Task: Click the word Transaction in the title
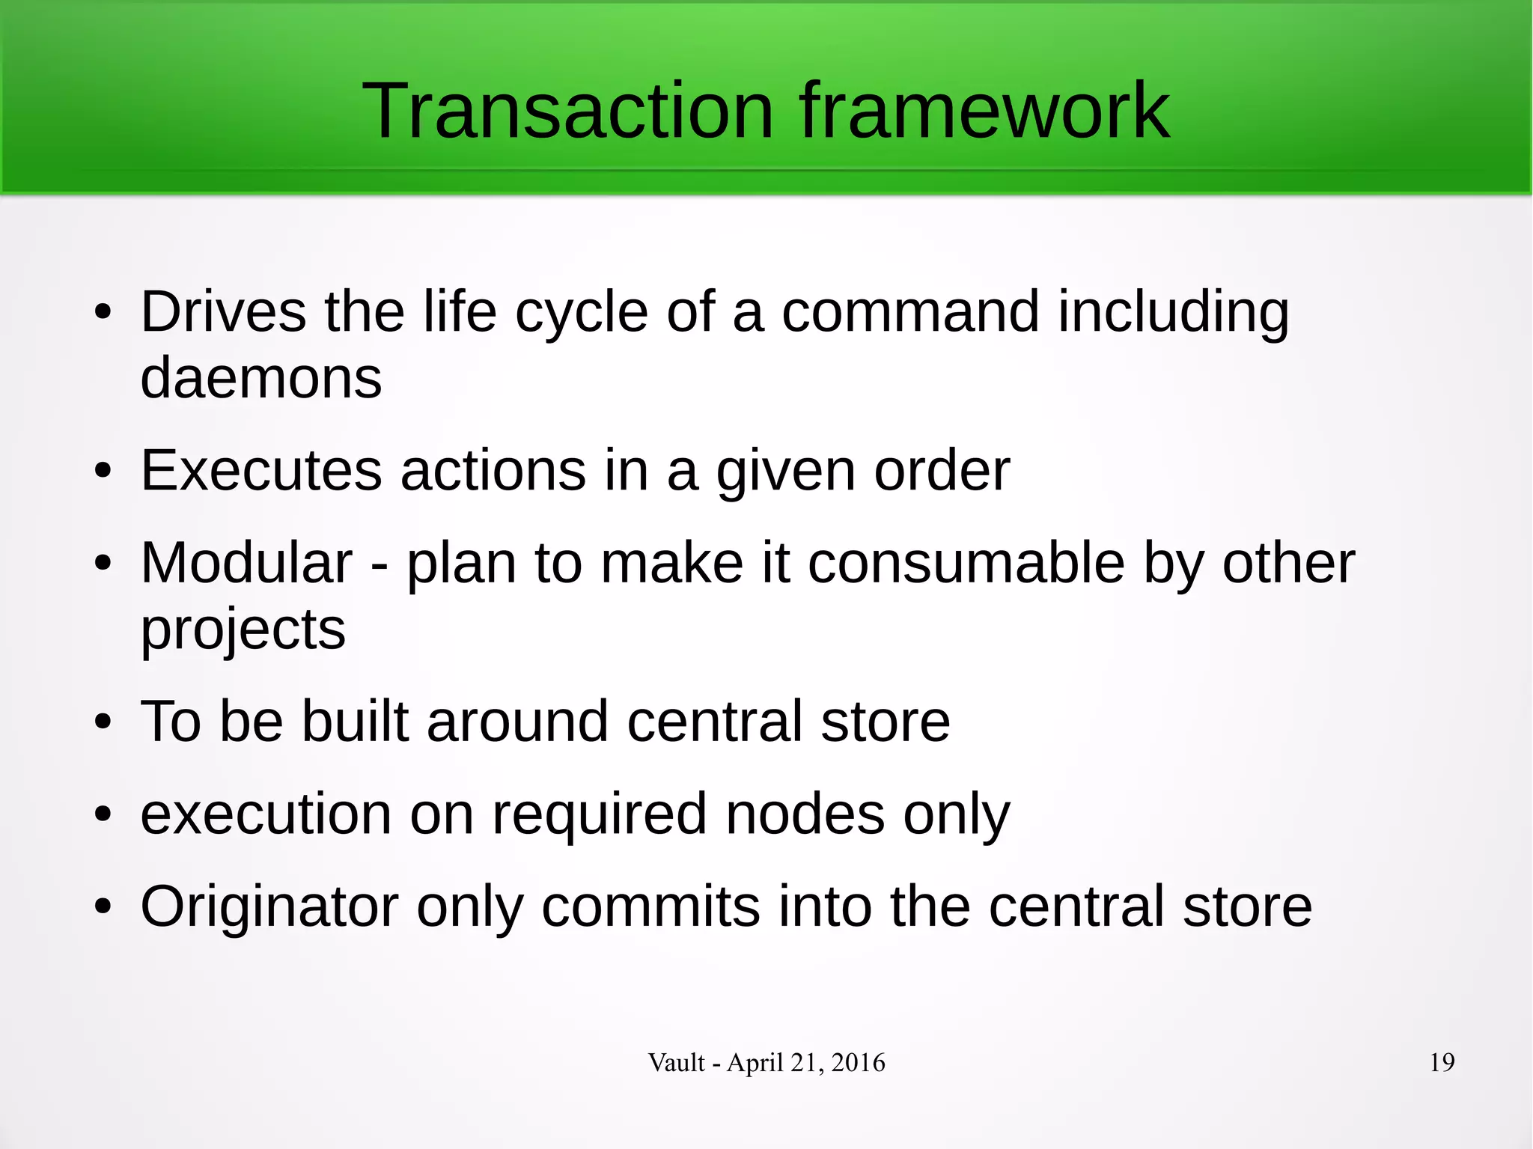coord(567,112)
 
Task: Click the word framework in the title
coord(984,112)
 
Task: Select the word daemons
coord(260,378)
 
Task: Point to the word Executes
coord(261,471)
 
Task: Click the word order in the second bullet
coord(942,471)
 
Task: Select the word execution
coord(266,814)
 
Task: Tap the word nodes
coord(805,814)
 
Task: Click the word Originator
coord(269,906)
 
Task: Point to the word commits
coord(650,906)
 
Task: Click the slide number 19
coord(1442,1062)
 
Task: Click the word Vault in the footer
coord(676,1062)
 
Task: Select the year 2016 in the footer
coord(858,1062)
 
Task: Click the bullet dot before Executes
coord(103,472)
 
